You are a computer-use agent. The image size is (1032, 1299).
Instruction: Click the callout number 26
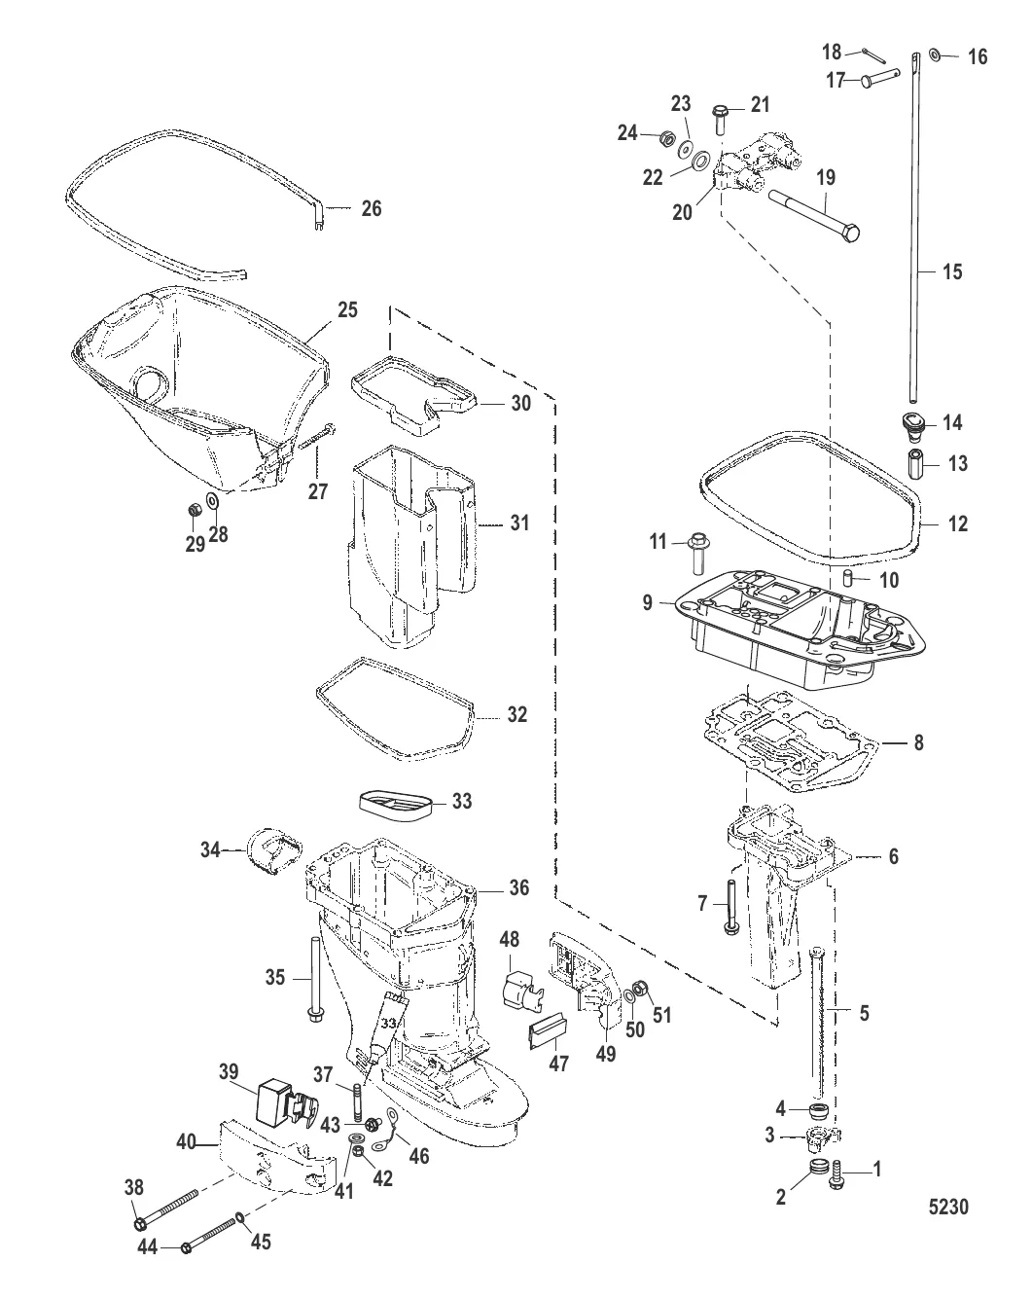pos(372,209)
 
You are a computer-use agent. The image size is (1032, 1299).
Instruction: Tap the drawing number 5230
pos(948,1207)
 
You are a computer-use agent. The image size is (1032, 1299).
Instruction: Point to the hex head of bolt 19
pos(849,233)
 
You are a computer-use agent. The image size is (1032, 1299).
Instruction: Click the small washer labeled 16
pos(935,55)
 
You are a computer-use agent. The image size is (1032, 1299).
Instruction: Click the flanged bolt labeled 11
pos(698,554)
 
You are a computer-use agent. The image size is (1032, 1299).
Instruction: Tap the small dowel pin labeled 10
pos(848,577)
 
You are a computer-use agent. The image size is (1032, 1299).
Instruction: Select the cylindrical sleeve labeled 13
pos(917,463)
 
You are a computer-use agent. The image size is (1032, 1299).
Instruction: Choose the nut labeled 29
pos(195,510)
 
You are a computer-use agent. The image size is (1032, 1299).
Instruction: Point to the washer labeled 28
pos(212,501)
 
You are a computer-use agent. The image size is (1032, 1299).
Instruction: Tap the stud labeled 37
pos(357,1102)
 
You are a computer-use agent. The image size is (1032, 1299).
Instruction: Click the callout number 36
pos(519,888)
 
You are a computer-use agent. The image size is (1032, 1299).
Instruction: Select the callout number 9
pos(648,602)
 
